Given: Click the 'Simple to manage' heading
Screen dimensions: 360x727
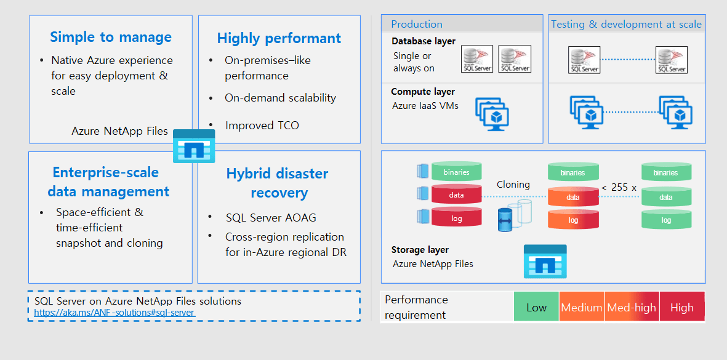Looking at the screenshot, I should click(x=111, y=37).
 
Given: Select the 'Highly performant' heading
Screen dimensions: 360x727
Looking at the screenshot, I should click(x=279, y=38).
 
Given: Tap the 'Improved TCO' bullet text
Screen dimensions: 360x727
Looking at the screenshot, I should click(x=262, y=126).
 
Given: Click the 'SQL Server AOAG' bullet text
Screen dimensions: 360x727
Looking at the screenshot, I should click(x=271, y=218).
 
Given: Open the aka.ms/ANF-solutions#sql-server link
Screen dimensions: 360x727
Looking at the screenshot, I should click(x=114, y=313).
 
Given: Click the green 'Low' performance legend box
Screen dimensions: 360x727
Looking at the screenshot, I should click(x=536, y=308).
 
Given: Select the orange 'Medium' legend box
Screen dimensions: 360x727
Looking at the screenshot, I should click(x=582, y=308).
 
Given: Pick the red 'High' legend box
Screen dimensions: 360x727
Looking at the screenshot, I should click(x=681, y=308).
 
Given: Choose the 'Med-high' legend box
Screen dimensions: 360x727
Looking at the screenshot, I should click(x=632, y=308).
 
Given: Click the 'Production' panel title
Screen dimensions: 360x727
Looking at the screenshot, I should click(x=417, y=24).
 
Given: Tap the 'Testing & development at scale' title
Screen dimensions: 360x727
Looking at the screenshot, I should click(x=626, y=24).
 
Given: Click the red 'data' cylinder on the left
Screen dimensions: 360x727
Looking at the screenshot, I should click(x=456, y=194).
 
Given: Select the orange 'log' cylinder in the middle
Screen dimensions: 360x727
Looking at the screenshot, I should click(x=573, y=220).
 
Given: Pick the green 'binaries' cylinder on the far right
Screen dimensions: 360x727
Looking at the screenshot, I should click(x=666, y=173).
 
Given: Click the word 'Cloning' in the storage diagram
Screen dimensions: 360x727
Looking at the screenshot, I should click(x=513, y=185).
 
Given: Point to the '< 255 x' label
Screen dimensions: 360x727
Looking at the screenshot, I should click(x=619, y=188).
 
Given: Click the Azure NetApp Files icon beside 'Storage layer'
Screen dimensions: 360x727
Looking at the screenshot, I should click(x=545, y=261).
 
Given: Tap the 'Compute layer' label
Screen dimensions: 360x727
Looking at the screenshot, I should click(x=423, y=92).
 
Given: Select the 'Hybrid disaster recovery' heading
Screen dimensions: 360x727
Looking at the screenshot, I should click(x=277, y=183).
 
